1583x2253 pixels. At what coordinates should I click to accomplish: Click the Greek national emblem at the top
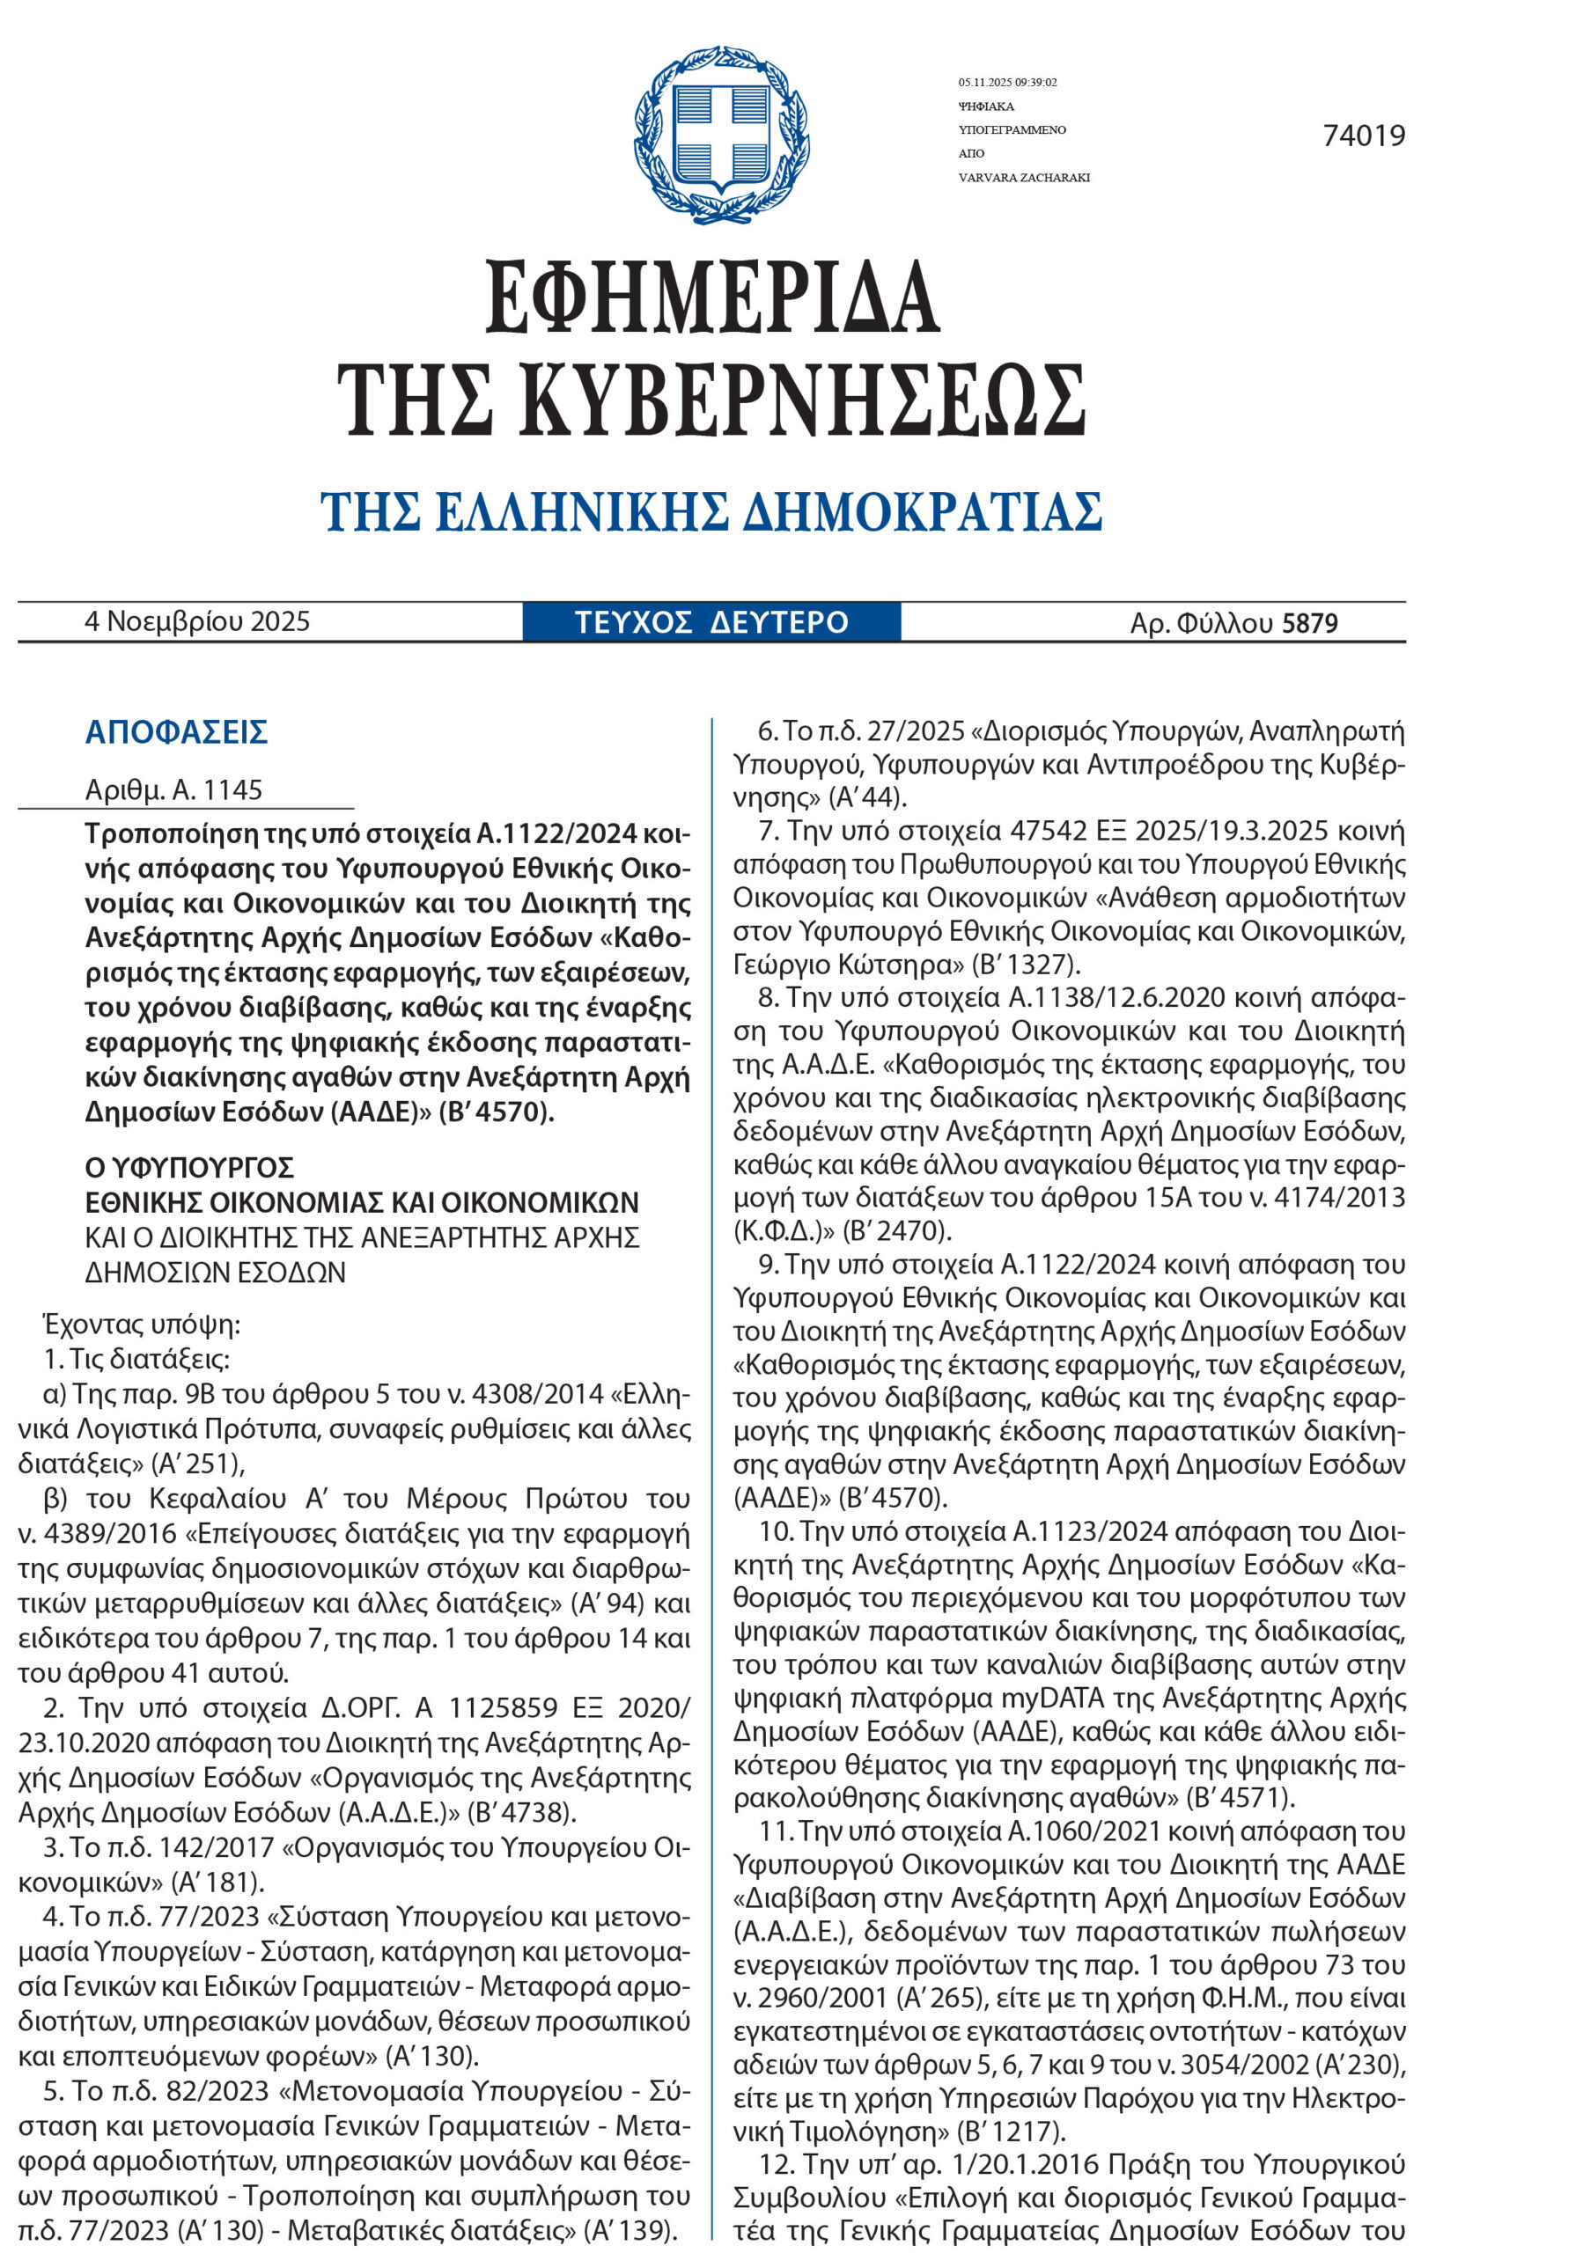click(x=721, y=135)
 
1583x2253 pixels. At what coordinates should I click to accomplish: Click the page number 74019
click(x=1363, y=136)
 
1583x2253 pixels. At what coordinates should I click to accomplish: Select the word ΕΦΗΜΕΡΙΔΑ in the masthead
click(x=712, y=297)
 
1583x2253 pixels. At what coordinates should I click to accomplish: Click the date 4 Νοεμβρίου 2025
click(x=197, y=622)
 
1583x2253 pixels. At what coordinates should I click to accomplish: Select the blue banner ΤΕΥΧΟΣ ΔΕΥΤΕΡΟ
click(x=711, y=623)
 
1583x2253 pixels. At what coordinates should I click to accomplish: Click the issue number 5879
click(x=1309, y=624)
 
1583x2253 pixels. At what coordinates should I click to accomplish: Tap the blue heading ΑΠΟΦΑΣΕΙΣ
click(x=177, y=732)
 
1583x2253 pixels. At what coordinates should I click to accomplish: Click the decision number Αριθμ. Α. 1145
click(x=173, y=790)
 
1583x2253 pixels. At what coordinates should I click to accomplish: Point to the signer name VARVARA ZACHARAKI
click(x=1024, y=178)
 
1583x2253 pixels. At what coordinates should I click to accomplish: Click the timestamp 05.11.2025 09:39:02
click(x=1007, y=83)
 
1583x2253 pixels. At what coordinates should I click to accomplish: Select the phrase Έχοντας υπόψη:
click(x=142, y=1325)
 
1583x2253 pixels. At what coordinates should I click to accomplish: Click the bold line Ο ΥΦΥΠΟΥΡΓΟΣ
click(x=189, y=1168)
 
